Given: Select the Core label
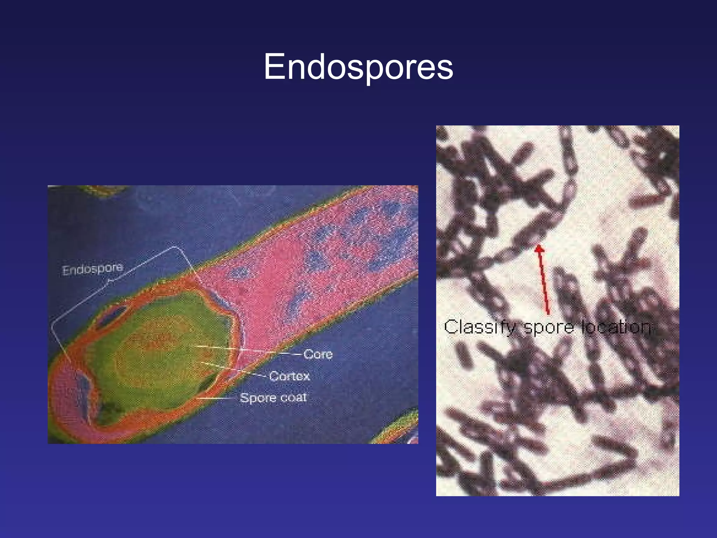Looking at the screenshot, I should coord(318,354).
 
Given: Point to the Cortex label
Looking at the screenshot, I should coord(290,376).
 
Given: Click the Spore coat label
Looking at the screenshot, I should coord(273,398).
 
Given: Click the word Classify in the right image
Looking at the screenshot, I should coord(480,327).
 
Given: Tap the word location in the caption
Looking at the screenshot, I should coord(616,327).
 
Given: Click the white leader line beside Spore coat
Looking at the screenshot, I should coord(217,398).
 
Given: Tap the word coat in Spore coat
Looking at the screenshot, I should coord(293,398).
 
